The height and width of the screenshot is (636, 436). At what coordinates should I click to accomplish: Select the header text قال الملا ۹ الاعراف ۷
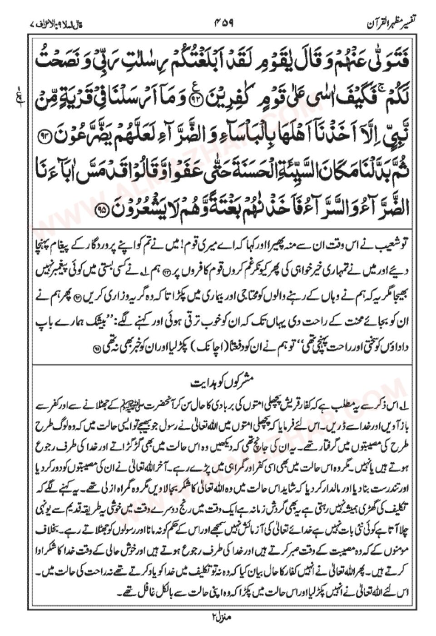(x=61, y=21)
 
